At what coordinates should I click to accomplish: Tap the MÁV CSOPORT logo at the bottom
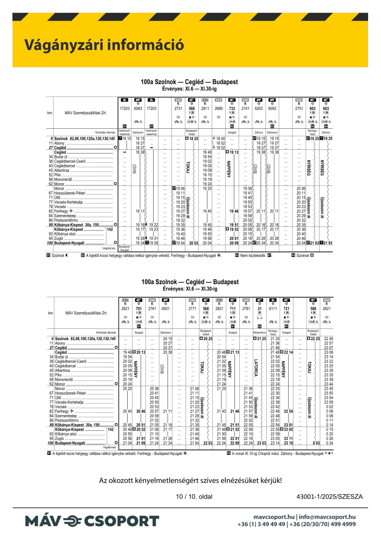pos(92,521)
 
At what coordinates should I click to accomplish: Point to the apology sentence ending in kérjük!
pos(190,479)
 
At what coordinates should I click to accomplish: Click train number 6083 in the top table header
pos(138,108)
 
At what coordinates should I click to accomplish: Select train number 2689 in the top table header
pos(218,108)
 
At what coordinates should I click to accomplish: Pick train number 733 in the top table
pos(232,108)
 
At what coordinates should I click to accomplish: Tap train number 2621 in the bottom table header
pos(327,308)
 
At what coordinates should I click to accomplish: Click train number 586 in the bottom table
pos(313,308)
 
